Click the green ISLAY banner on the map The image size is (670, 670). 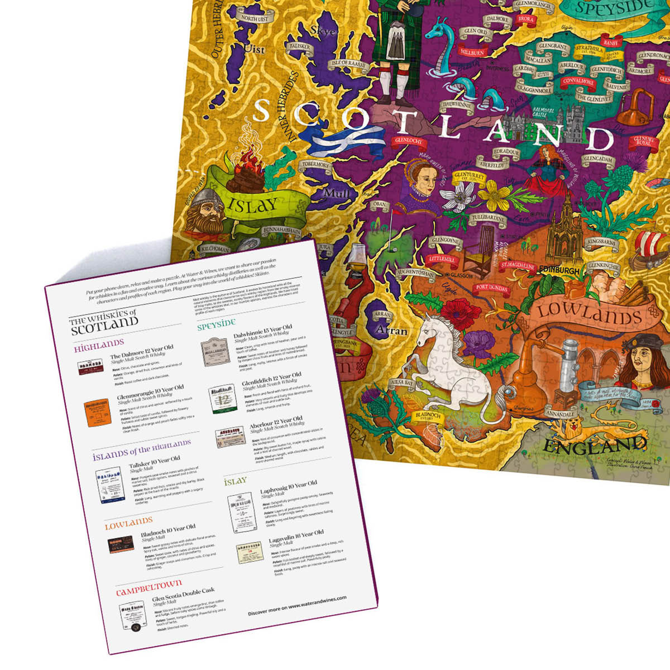pos(252,204)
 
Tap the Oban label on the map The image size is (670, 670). pos(380,205)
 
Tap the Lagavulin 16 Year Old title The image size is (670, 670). pos(296,535)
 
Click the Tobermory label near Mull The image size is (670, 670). pos(317,165)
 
